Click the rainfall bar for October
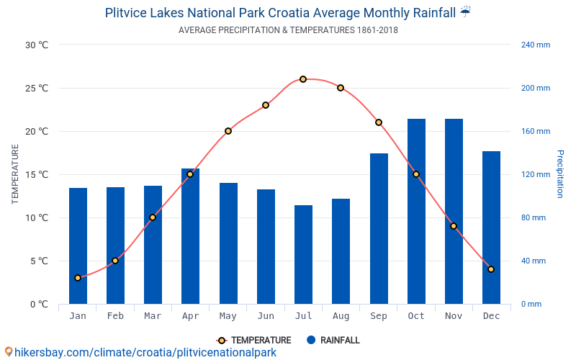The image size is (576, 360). (416, 212)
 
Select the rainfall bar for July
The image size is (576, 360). (303, 255)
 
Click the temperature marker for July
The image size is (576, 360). (303, 79)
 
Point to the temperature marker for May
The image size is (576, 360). (228, 131)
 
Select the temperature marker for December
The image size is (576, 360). (491, 269)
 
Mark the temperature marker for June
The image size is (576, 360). (266, 105)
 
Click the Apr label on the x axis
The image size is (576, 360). (190, 316)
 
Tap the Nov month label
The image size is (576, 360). (454, 316)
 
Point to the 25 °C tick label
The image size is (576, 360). (37, 89)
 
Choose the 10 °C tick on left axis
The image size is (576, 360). (37, 218)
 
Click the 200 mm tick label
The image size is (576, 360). (536, 89)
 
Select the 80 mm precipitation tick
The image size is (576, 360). (534, 218)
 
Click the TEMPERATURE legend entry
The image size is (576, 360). (253, 341)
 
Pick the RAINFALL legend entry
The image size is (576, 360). (333, 341)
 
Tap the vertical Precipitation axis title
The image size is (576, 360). (559, 174)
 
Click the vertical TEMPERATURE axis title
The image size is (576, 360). (15, 174)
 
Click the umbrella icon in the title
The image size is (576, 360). (466, 12)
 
